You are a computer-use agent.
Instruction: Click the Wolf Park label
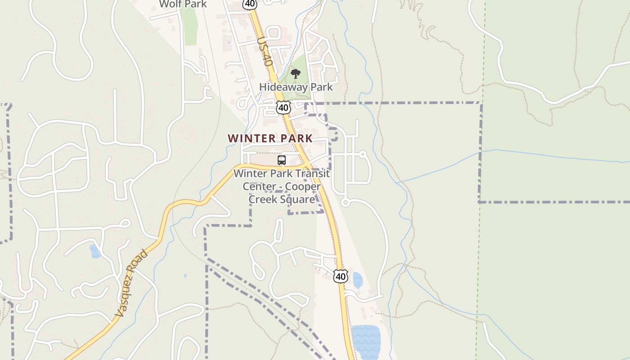(183, 4)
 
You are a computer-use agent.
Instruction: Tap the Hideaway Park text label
(296, 87)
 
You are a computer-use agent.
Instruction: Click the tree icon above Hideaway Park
(295, 74)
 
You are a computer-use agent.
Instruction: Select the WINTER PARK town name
(270, 139)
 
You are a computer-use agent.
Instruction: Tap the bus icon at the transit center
(282, 160)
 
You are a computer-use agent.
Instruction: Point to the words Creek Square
(282, 199)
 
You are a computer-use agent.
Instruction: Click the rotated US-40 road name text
(265, 52)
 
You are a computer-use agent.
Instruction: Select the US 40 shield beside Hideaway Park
(283, 108)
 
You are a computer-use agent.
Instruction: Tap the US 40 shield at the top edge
(249, 4)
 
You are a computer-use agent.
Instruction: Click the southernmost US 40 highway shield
(341, 276)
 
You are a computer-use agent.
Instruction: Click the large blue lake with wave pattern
(365, 342)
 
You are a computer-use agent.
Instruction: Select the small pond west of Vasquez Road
(95, 251)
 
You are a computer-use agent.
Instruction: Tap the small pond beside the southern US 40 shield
(357, 280)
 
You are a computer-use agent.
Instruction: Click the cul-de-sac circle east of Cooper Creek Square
(345, 202)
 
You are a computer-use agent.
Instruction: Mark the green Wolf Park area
(190, 27)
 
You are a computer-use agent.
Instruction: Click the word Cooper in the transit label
(305, 186)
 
